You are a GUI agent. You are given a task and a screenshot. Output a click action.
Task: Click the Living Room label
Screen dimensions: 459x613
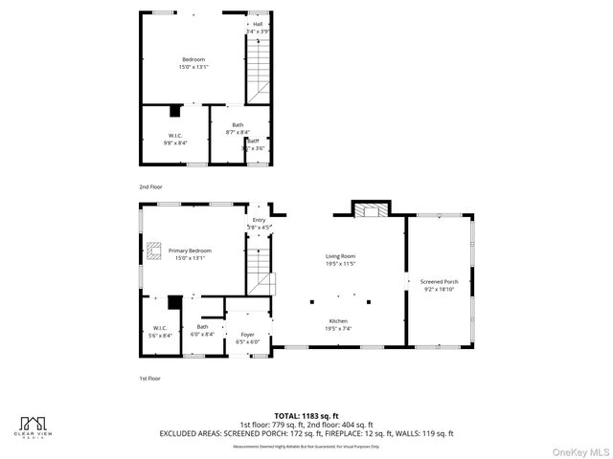(340, 256)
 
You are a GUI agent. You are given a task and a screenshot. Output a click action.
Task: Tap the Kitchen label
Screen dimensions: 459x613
(338, 321)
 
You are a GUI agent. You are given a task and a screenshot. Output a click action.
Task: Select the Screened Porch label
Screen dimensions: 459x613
(439, 282)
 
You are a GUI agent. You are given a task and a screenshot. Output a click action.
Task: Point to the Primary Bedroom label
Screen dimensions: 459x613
(190, 251)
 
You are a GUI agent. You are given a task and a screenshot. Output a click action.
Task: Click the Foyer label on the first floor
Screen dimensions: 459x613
(247, 335)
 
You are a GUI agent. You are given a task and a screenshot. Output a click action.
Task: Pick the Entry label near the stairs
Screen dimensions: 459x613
(259, 220)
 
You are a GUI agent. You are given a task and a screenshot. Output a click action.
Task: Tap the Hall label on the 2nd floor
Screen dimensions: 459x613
(257, 24)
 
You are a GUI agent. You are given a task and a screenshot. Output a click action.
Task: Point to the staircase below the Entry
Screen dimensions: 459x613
(260, 273)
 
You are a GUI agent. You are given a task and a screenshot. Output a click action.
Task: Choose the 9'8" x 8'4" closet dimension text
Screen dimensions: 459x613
(176, 142)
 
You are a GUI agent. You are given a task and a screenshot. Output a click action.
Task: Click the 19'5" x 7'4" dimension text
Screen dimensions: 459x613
(338, 329)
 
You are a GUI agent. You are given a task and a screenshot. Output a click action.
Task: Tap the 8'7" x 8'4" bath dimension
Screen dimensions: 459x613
(238, 133)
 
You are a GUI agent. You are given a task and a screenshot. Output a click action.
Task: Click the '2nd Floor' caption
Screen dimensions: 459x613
(150, 186)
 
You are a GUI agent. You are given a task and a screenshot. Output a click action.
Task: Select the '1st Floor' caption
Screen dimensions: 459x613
(149, 378)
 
